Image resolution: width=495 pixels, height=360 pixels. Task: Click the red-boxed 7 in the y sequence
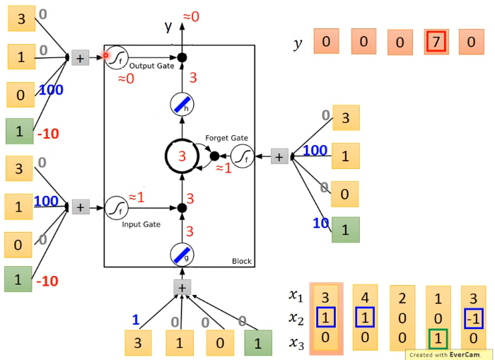436,42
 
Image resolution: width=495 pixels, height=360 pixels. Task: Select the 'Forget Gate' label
226,137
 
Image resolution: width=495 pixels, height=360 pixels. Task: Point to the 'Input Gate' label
142,224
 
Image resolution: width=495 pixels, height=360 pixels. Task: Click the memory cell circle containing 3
182,156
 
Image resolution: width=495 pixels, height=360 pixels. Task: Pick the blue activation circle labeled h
182,105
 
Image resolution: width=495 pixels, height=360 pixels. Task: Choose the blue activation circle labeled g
182,252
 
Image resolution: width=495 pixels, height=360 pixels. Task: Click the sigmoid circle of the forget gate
243,156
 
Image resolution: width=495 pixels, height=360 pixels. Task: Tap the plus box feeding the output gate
80,58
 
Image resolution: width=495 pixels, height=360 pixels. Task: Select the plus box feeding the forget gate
280,156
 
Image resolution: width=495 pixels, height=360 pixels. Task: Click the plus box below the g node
182,287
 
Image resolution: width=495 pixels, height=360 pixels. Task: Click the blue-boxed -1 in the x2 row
472,318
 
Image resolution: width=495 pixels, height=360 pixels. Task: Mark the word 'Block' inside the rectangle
241,262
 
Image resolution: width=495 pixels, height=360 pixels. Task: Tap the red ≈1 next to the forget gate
223,168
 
